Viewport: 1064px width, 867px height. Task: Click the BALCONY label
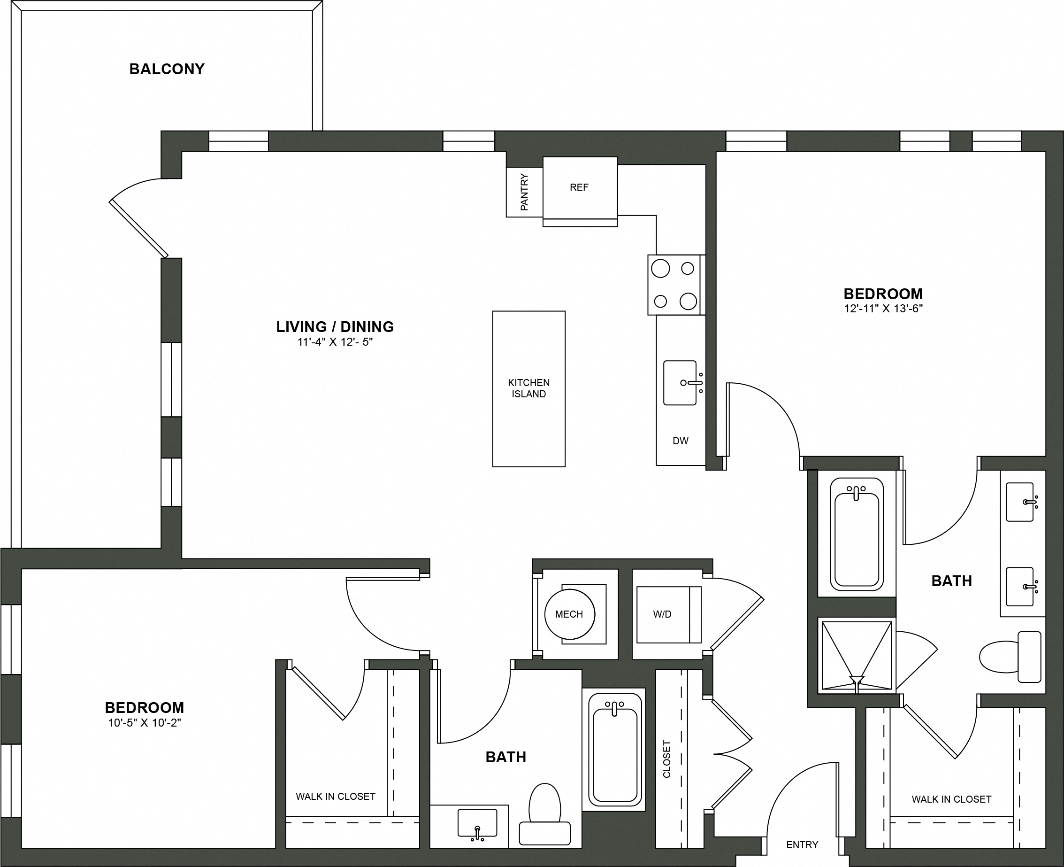pos(167,69)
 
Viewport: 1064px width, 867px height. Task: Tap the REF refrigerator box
pos(580,187)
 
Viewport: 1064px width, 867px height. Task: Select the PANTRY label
pos(524,192)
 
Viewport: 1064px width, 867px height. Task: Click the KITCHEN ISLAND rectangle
pos(528,388)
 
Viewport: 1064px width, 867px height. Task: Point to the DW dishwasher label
pos(680,441)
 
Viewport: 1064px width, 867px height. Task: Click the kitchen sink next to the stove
pos(679,383)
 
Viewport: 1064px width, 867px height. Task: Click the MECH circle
pos(569,614)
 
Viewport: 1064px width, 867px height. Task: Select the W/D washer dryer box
pos(663,614)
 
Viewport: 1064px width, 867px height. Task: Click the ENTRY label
pos(802,844)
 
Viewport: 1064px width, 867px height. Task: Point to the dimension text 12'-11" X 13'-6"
pos(883,309)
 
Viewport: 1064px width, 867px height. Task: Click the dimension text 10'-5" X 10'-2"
pos(144,723)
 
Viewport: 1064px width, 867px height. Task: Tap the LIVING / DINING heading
pos(335,327)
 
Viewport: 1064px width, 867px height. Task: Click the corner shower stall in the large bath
pos(857,656)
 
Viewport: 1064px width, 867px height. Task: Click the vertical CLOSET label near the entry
pos(667,759)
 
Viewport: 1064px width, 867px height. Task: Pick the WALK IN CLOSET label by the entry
pos(951,799)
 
